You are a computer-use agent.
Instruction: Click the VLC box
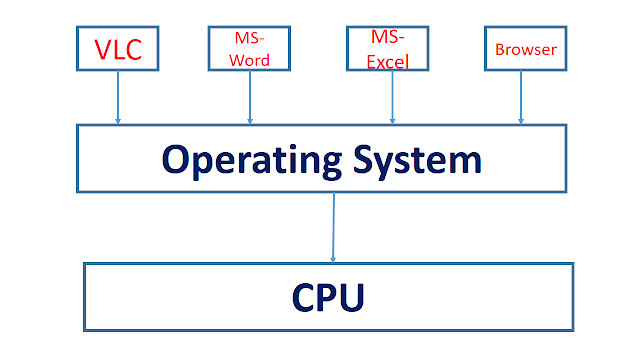[118, 47]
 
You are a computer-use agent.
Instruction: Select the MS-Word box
[248, 47]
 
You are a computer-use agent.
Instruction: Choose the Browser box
[525, 47]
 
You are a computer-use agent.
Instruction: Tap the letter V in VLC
[101, 48]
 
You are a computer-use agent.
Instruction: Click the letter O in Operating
[176, 158]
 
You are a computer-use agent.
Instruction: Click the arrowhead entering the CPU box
[333, 258]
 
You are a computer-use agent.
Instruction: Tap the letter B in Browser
[500, 48]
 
